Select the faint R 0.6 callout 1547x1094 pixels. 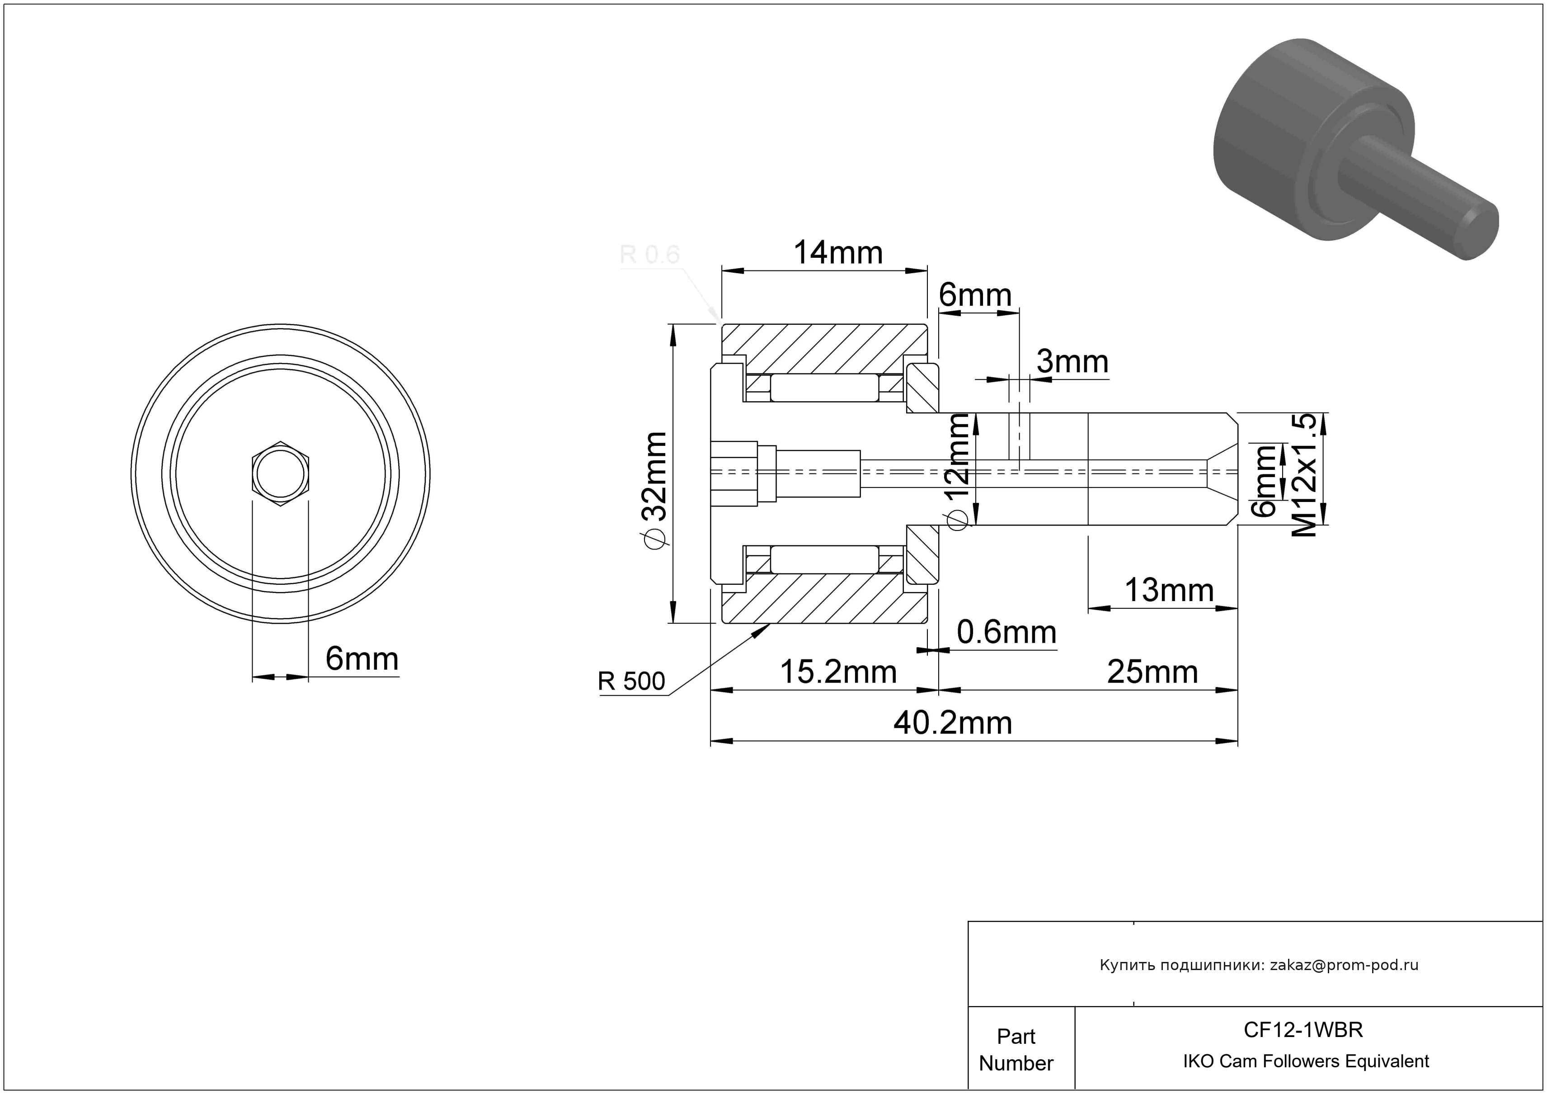click(x=649, y=255)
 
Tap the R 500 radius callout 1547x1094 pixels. click(x=631, y=682)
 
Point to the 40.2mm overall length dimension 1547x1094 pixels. click(x=953, y=723)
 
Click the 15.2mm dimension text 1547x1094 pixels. click(x=838, y=672)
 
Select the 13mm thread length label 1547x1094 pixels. click(x=1169, y=591)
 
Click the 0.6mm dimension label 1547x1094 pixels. click(x=1006, y=632)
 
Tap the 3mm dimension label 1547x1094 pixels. click(x=1072, y=362)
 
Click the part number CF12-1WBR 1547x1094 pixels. click(x=1303, y=1030)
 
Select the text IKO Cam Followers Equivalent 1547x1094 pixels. click(x=1306, y=1061)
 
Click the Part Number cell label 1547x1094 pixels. click(x=1016, y=1050)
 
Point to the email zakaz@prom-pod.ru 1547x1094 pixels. click(x=1344, y=965)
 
